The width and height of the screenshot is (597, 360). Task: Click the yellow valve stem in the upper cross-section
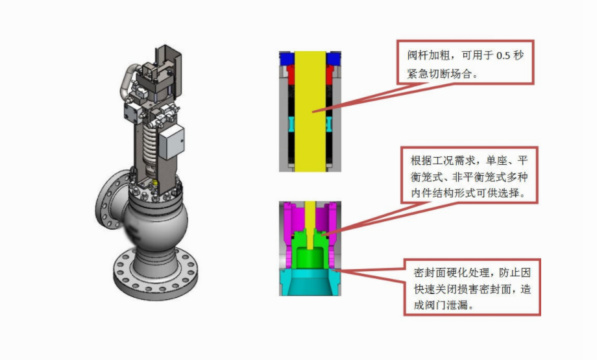coord(310,111)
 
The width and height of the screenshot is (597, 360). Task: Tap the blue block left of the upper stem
coord(286,58)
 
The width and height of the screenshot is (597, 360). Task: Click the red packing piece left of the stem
coord(291,75)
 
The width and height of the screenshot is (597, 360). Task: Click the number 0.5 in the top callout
coord(503,56)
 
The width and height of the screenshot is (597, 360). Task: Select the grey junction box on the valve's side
coord(172,142)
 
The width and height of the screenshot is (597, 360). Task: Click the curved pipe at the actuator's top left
coord(128,82)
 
